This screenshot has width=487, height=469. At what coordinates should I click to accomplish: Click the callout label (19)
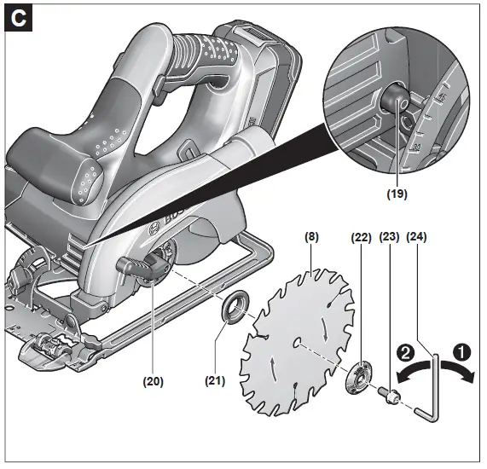[x=396, y=194]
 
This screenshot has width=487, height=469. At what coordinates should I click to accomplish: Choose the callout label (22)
[x=362, y=238]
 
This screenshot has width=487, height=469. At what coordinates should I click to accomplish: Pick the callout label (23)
[x=390, y=238]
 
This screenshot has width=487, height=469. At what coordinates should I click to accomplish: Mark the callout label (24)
[x=418, y=238]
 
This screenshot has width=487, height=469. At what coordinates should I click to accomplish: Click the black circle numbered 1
[x=461, y=350]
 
